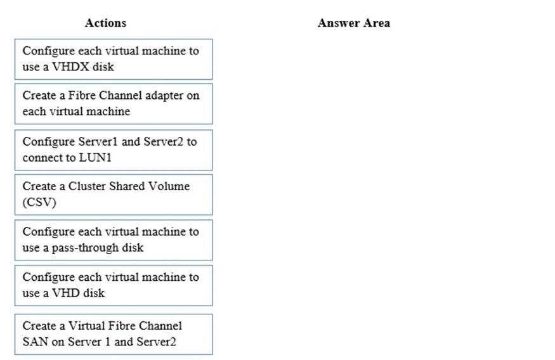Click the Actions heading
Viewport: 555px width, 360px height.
pos(105,23)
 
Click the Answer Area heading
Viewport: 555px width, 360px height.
pos(353,23)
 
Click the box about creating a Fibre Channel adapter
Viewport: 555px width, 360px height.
pos(114,104)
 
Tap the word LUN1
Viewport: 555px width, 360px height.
pos(95,157)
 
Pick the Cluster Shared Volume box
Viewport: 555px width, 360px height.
pos(114,195)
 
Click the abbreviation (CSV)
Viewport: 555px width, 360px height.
pos(39,202)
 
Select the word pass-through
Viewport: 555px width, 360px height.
pos(85,248)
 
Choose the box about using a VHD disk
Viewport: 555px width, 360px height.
pos(114,285)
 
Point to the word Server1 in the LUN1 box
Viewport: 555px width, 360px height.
pos(98,141)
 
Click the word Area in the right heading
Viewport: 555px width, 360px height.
pos(377,23)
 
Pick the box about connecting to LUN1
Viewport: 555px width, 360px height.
pos(114,150)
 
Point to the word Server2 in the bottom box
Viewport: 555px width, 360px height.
pos(156,342)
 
